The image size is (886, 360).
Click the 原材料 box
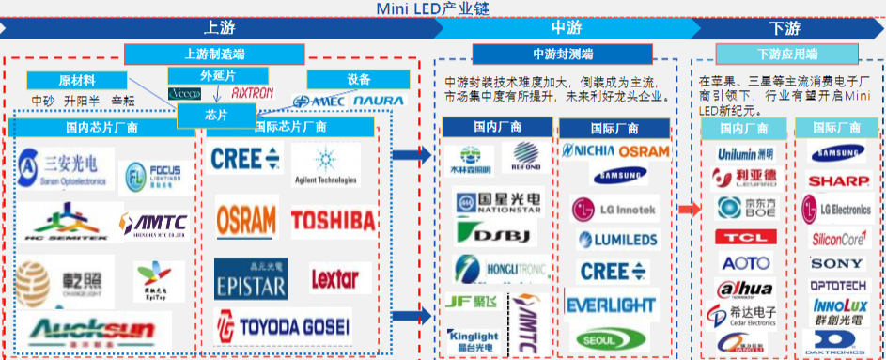pyautogui.click(x=75, y=80)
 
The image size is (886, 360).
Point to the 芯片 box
pyautogui.click(x=215, y=115)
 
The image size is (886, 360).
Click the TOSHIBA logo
pyautogui.click(x=332, y=220)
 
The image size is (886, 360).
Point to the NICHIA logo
pyautogui.click(x=588, y=150)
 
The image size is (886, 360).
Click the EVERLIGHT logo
pyautogui.click(x=611, y=305)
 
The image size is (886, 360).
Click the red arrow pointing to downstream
pyautogui.click(x=690, y=209)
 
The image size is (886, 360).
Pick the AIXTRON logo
pyautogui.click(x=251, y=94)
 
